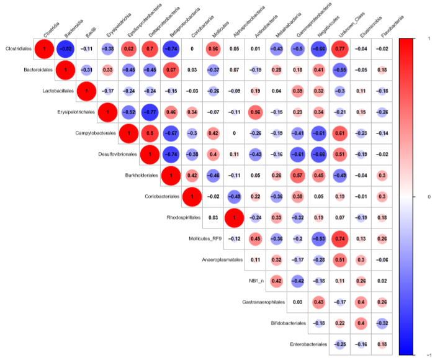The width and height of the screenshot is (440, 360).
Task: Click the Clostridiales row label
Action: (18, 48)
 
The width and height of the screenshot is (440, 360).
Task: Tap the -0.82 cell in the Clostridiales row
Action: (65, 48)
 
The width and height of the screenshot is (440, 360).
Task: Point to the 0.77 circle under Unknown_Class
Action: (339, 48)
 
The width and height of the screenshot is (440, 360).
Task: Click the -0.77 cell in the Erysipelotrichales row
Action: (149, 112)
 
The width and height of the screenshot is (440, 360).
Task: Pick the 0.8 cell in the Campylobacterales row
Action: (149, 133)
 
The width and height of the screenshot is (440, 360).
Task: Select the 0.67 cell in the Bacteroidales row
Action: (170, 70)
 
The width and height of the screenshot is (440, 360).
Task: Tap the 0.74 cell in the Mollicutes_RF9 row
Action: (339, 239)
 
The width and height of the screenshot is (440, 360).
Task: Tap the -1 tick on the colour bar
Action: (429, 354)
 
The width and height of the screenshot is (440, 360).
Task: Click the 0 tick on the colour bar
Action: (429, 196)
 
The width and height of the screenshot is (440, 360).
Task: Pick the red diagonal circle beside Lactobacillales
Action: (86, 91)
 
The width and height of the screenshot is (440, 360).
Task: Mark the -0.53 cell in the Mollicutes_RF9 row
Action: (318, 239)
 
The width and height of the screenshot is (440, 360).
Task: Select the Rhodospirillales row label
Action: (184, 218)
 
